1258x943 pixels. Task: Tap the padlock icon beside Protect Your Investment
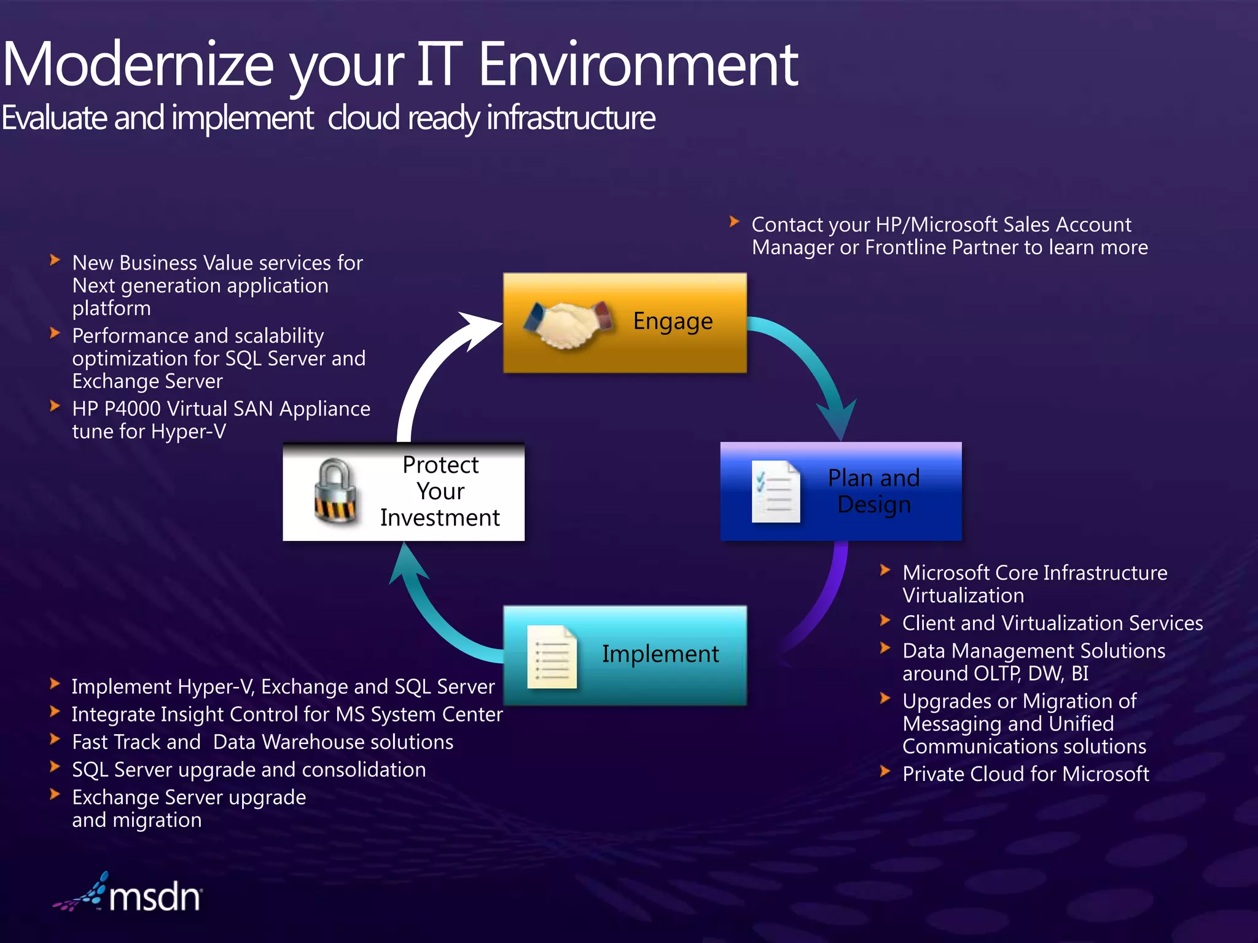tap(335, 492)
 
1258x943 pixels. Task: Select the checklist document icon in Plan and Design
tap(776, 492)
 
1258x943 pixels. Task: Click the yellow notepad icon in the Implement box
tap(552, 656)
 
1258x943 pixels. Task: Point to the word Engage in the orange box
tap(673, 321)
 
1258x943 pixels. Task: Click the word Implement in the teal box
tap(660, 654)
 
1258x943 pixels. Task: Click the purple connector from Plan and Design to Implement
tap(823, 602)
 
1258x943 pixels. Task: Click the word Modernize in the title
tap(138, 64)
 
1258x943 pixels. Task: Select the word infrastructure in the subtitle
tap(571, 118)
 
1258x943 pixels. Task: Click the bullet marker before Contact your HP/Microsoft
tap(734, 222)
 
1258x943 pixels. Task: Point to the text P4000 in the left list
tap(132, 409)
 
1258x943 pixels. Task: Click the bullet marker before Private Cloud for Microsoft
tap(885, 771)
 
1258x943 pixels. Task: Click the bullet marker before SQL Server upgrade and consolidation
tap(55, 767)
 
